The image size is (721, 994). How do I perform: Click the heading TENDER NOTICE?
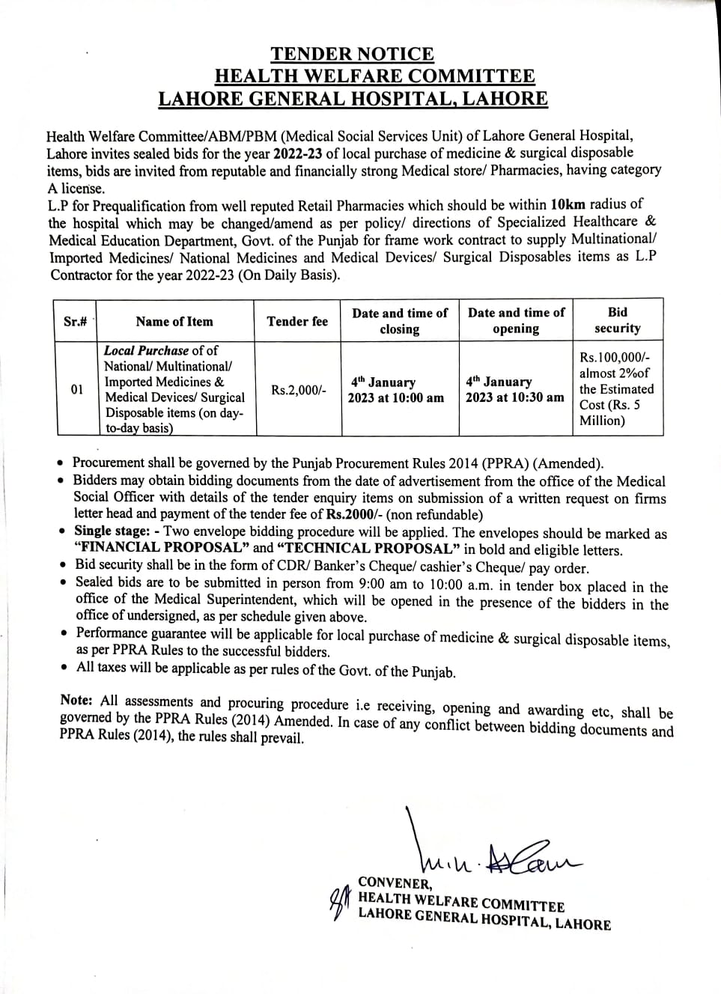(x=352, y=54)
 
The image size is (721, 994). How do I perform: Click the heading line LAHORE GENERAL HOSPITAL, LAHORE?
(x=352, y=99)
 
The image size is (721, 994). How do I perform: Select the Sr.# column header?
(x=76, y=321)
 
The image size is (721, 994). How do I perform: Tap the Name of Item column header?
(x=174, y=321)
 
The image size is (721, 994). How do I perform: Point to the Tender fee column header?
(x=297, y=321)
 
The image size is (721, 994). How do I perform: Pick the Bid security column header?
(x=618, y=320)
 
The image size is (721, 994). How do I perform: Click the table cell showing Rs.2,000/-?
(x=298, y=390)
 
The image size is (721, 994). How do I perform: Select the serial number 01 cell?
(x=77, y=389)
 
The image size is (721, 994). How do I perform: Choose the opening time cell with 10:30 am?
(x=514, y=389)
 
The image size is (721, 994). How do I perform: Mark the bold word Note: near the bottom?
(x=76, y=700)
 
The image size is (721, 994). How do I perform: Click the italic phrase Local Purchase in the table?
(x=146, y=350)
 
